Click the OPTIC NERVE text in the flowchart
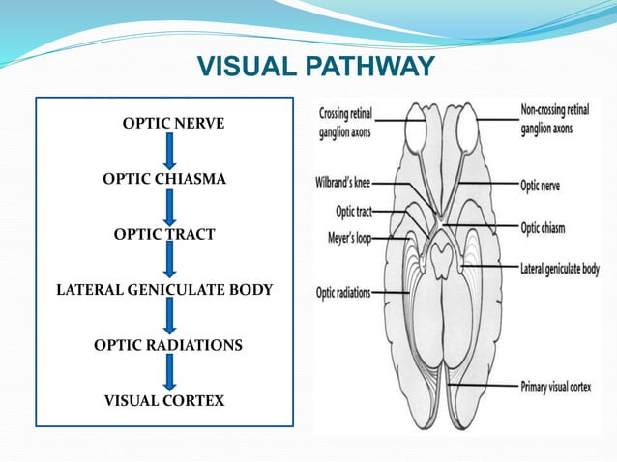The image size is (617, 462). point(173,124)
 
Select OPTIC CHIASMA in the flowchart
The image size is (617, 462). point(164,179)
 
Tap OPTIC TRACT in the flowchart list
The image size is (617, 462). point(164,234)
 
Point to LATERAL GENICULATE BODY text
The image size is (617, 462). point(164,289)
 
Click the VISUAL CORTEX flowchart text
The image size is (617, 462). point(164,400)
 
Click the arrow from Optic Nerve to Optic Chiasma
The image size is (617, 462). point(170,151)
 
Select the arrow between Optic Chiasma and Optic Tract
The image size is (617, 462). point(170,206)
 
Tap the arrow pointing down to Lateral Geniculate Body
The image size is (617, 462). point(170,261)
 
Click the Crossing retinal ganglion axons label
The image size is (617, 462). point(345,124)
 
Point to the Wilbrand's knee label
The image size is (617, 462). point(343,181)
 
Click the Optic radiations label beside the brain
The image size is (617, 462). point(343,292)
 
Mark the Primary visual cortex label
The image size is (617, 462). point(566,387)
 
